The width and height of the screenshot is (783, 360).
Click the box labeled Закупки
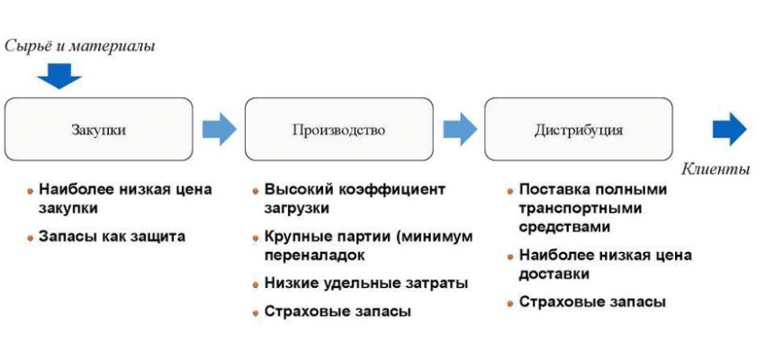pyautogui.click(x=98, y=130)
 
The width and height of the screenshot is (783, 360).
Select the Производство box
pyautogui.click(x=338, y=130)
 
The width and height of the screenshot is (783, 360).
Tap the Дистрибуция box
pyautogui.click(x=579, y=130)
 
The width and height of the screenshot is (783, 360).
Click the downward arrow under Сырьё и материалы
pyautogui.click(x=59, y=76)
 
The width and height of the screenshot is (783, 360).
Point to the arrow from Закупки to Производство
pyautogui.click(x=220, y=129)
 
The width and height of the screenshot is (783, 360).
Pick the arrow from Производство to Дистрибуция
pyautogui.click(x=460, y=129)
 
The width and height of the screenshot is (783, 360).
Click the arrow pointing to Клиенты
pyautogui.click(x=730, y=129)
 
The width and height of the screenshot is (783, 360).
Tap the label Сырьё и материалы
pyautogui.click(x=80, y=47)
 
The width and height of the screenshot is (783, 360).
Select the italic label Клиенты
pyautogui.click(x=716, y=169)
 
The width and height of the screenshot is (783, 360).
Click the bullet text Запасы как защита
pyautogui.click(x=112, y=236)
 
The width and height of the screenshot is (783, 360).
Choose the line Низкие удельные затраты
pyautogui.click(x=366, y=283)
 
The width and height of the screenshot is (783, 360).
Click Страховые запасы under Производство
pyautogui.click(x=337, y=311)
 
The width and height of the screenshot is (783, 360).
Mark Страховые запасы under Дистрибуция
pyautogui.click(x=592, y=302)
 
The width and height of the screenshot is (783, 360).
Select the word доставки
pyautogui.click(x=554, y=274)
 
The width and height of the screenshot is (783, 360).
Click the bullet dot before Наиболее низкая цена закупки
pyautogui.click(x=31, y=191)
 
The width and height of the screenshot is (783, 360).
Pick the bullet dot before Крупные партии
pyautogui.click(x=256, y=238)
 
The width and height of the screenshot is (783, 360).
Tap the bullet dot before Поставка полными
pyautogui.click(x=510, y=191)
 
